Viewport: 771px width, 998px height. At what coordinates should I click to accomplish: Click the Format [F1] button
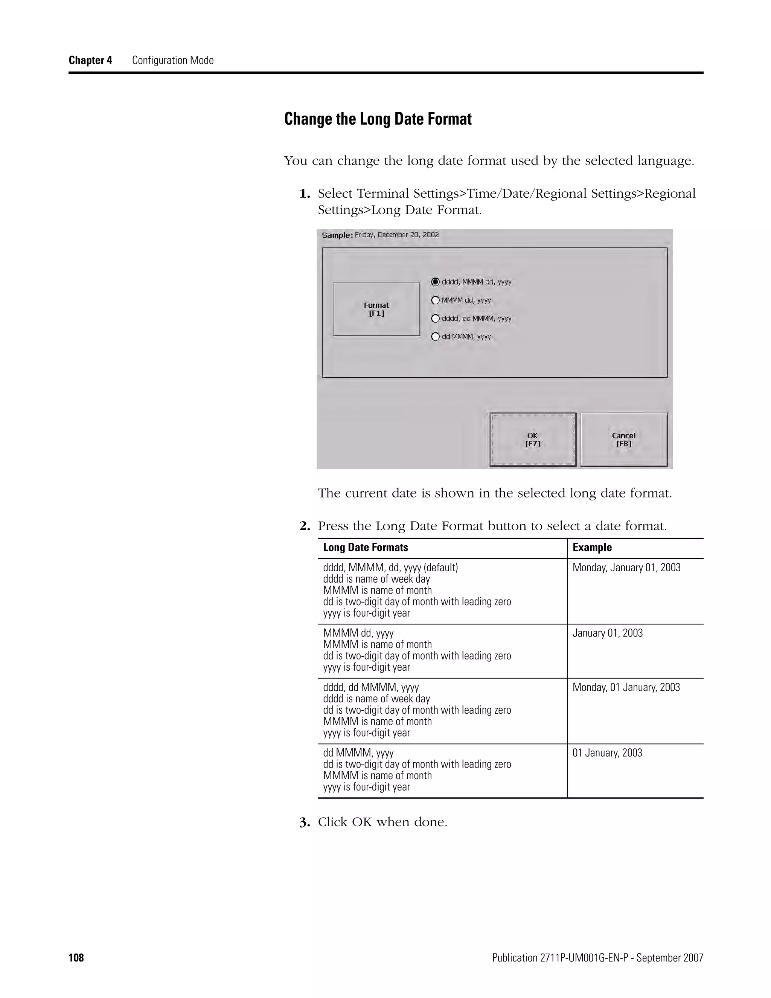tap(376, 309)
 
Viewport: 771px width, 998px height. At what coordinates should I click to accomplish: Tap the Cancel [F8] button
tap(623, 439)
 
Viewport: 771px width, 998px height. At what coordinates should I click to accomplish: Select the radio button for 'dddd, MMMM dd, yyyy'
tap(435, 282)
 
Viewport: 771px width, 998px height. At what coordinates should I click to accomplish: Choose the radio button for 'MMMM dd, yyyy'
tap(435, 300)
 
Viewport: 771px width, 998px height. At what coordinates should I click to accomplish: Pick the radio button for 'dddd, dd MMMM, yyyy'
tap(435, 319)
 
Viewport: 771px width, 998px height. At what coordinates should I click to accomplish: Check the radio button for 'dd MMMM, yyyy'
tap(435, 337)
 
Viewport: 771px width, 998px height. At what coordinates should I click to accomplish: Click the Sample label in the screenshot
tap(337, 235)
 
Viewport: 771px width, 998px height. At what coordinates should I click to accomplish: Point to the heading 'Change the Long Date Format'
tap(378, 119)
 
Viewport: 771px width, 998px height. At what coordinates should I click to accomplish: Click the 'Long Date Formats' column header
tap(366, 548)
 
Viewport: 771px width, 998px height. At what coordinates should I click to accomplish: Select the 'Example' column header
tap(592, 548)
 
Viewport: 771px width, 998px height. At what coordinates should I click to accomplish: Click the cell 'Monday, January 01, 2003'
tap(626, 568)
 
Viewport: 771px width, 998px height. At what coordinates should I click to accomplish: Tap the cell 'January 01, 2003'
tap(608, 633)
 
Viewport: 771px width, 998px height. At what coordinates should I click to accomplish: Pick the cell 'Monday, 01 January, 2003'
tap(626, 687)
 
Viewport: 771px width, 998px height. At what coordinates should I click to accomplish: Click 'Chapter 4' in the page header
tap(90, 60)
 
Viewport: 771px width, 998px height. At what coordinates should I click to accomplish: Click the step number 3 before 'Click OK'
tap(304, 823)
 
